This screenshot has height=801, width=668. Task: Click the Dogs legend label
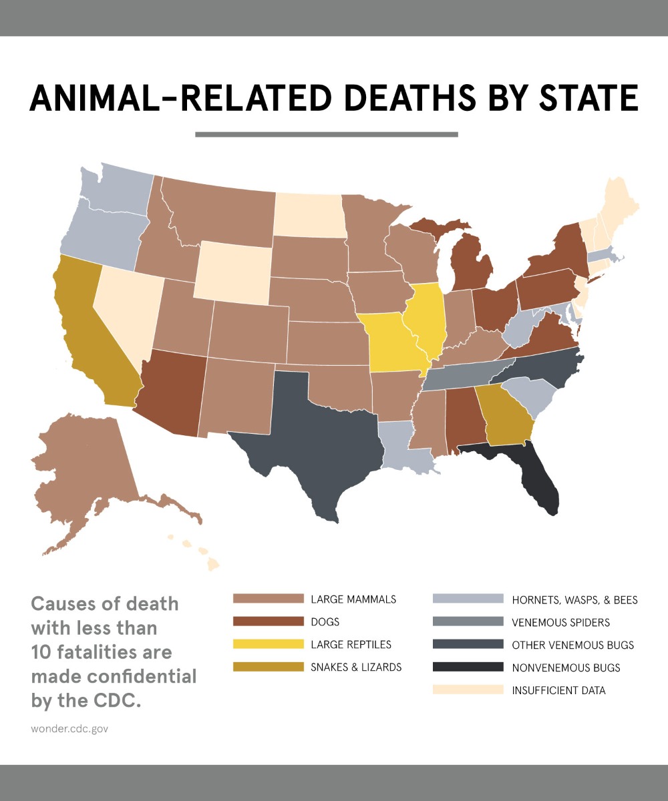pyautogui.click(x=325, y=621)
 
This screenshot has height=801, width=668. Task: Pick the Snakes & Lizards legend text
pyautogui.click(x=356, y=667)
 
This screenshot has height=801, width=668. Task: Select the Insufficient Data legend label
pyautogui.click(x=558, y=690)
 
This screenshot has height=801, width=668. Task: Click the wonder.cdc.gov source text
pyautogui.click(x=69, y=728)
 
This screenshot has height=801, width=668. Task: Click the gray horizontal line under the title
pyautogui.click(x=326, y=134)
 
